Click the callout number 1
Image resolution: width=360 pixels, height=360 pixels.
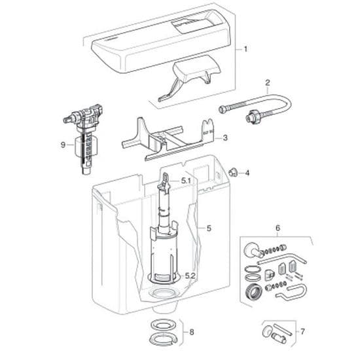(246, 49)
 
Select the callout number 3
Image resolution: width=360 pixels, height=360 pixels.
(225, 138)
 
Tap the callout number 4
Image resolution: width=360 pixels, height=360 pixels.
(247, 173)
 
